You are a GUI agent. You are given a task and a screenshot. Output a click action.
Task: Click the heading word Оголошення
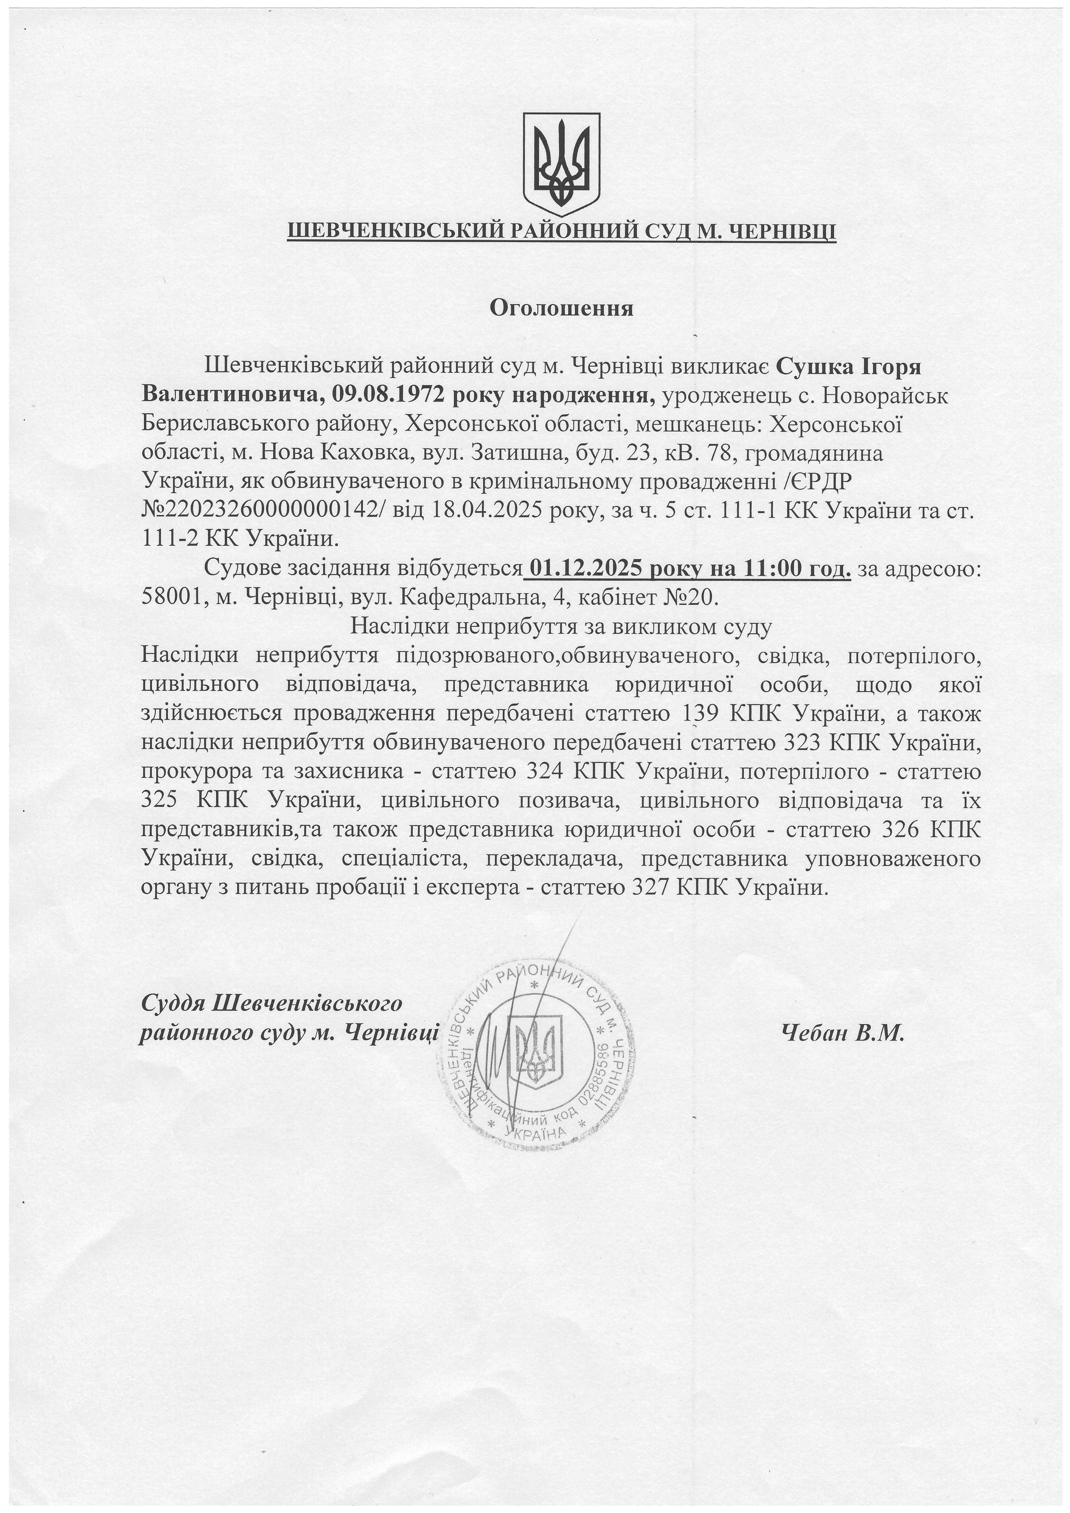pos(561,308)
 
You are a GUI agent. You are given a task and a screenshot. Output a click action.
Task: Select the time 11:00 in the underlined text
pos(768,569)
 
